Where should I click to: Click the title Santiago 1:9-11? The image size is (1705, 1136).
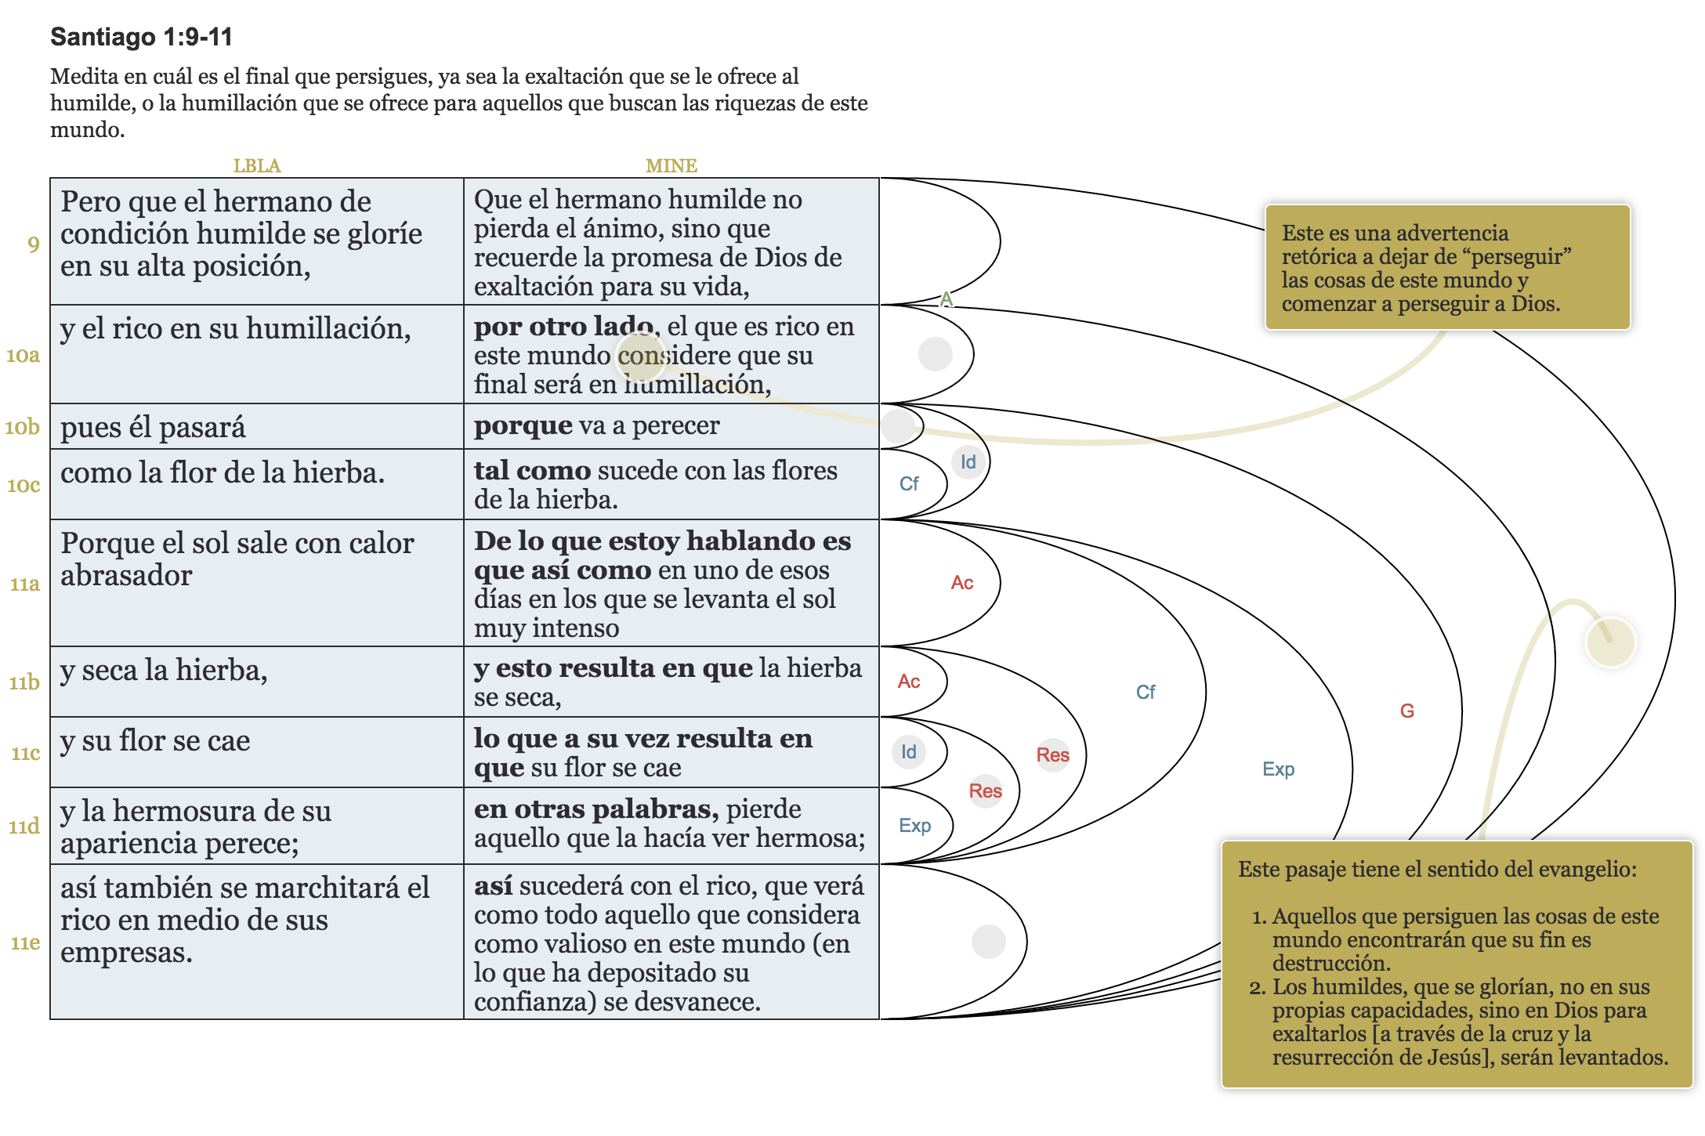tap(141, 37)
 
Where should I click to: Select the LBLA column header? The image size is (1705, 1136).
tap(256, 166)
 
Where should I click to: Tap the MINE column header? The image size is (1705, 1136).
tap(671, 166)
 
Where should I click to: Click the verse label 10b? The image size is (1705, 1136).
tap(22, 427)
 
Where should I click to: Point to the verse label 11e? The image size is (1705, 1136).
tap(25, 942)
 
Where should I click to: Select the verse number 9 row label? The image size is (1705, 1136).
tap(33, 244)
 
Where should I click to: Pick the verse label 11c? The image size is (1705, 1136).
tap(25, 753)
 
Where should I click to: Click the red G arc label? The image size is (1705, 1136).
tap(1406, 711)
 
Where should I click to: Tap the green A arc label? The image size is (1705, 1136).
tap(947, 299)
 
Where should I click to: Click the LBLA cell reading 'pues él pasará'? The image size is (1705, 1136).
tap(154, 428)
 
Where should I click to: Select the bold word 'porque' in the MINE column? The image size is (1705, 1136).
tap(523, 425)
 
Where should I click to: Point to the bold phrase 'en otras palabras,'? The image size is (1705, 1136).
tap(596, 809)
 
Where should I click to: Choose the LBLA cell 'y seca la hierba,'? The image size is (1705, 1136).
tap(164, 671)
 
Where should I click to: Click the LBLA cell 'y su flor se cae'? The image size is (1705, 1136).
tap(155, 741)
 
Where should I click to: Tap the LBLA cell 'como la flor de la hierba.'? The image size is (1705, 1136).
tap(222, 473)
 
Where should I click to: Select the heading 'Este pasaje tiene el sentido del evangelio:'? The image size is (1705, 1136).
tap(1436, 869)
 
